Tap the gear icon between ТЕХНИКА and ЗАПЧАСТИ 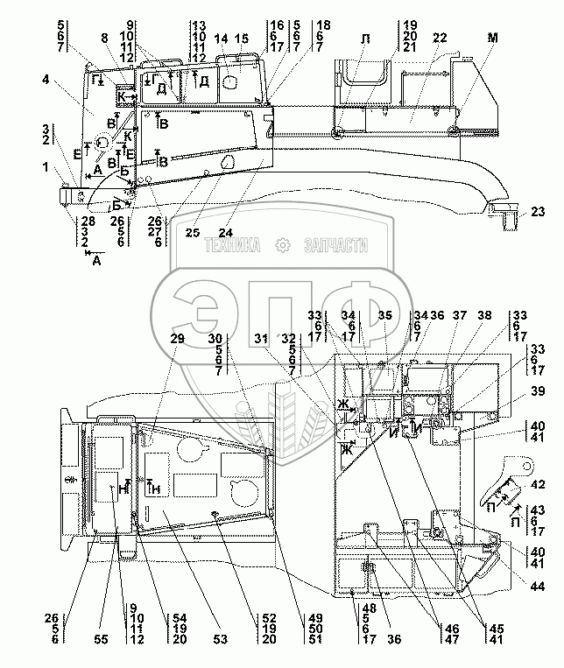click(x=282, y=247)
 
